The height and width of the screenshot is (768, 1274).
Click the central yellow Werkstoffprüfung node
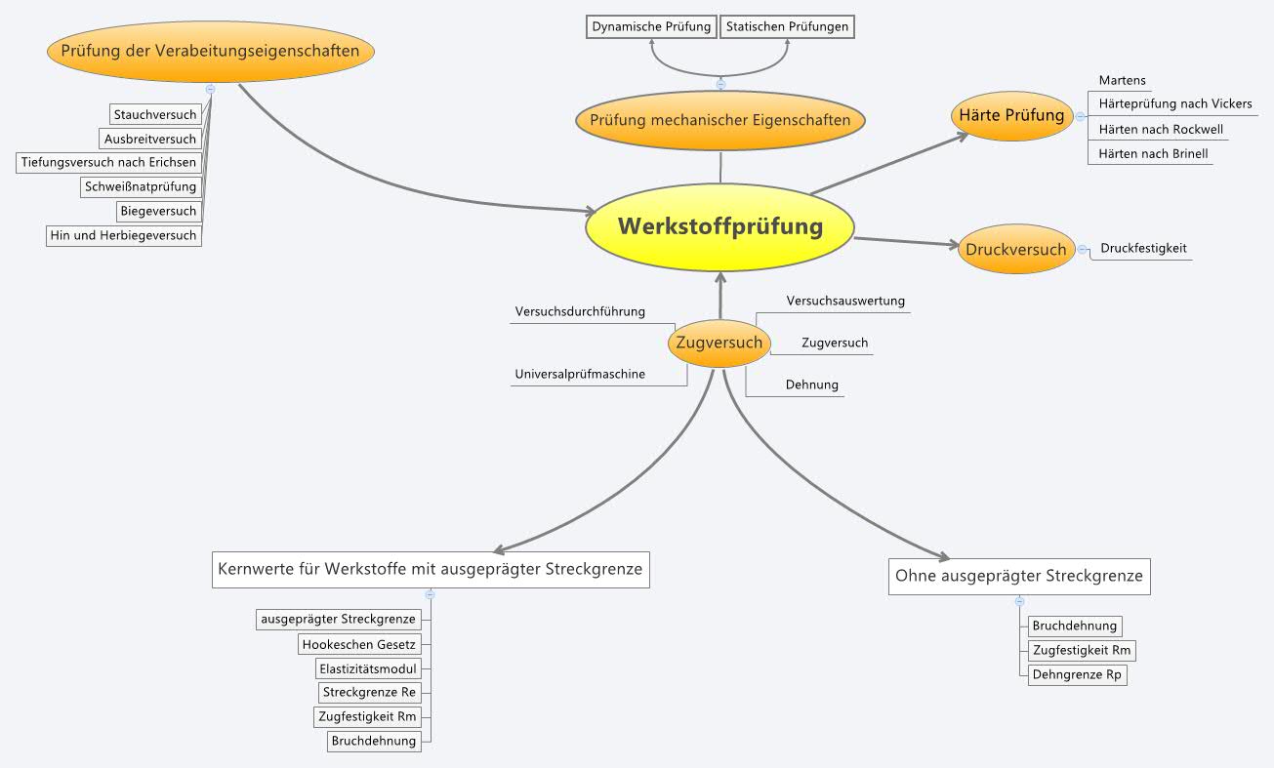coord(719,227)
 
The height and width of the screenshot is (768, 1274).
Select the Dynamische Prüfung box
coord(652,26)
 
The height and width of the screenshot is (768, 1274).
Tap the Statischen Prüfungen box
coord(787,26)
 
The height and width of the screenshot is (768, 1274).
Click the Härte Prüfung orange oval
coord(1011,115)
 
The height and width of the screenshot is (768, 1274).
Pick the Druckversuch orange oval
coord(1015,250)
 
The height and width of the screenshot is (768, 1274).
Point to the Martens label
coord(1122,80)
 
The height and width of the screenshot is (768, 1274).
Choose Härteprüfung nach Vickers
coord(1174,103)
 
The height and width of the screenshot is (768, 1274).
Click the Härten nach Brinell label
coord(1152,153)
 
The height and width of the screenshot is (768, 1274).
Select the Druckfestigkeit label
coord(1143,248)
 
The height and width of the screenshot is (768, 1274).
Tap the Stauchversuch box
coord(155,114)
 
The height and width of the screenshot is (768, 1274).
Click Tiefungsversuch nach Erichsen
coord(108,162)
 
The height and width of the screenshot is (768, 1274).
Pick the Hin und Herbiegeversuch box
coord(123,235)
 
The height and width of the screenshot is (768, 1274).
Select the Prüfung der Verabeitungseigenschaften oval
coord(211,51)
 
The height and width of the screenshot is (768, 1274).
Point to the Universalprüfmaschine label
coord(580,374)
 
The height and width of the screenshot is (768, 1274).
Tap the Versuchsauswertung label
coord(845,301)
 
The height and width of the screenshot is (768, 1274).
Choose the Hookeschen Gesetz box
coord(359,644)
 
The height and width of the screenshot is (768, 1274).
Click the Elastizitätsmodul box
coord(368,668)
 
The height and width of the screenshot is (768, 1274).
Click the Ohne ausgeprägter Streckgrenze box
coord(1018,576)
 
